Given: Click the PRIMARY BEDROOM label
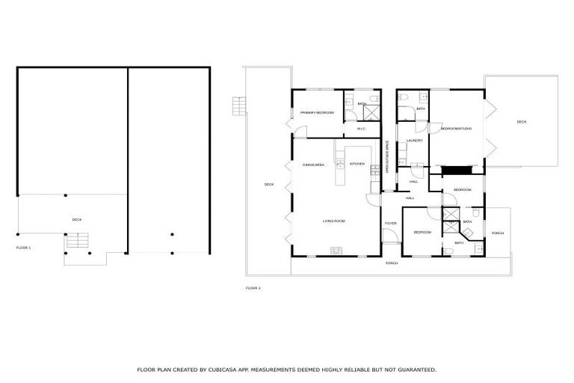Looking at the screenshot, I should pyautogui.click(x=316, y=113).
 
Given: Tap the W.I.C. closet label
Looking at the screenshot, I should pyautogui.click(x=362, y=129).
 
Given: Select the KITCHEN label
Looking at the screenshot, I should pyautogui.click(x=357, y=164).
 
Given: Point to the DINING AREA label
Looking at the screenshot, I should pyautogui.click(x=313, y=165).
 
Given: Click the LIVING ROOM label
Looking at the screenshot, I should pyautogui.click(x=333, y=221).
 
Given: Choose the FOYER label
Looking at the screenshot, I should pyautogui.click(x=390, y=224).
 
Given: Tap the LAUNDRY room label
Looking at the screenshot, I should pyautogui.click(x=415, y=141).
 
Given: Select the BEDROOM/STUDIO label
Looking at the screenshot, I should pyautogui.click(x=456, y=129).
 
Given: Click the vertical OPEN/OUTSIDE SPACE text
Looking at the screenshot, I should pyautogui.click(x=387, y=158).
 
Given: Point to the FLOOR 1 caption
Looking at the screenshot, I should pyautogui.click(x=24, y=247).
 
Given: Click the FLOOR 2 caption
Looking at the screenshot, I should pyautogui.click(x=253, y=288).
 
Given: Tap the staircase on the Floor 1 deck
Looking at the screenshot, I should pyautogui.click(x=78, y=241).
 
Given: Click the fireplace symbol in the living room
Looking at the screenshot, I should pyautogui.click(x=336, y=251).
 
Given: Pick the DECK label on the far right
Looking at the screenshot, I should pyautogui.click(x=521, y=122).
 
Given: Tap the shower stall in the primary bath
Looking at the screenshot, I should pyautogui.click(x=371, y=113).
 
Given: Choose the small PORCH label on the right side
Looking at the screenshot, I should pyautogui.click(x=498, y=233).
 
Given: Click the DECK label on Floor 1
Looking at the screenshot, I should pyautogui.click(x=76, y=220).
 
